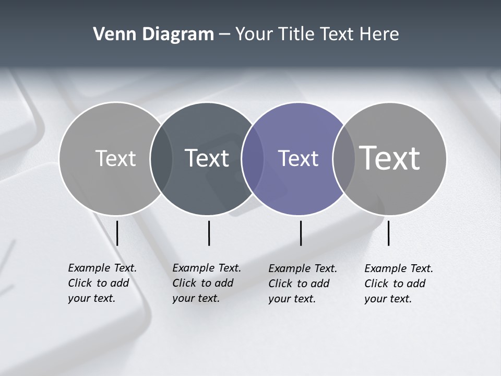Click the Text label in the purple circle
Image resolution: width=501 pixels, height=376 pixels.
298,158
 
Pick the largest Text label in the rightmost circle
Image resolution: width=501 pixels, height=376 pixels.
389,158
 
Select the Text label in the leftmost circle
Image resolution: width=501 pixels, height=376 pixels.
115,158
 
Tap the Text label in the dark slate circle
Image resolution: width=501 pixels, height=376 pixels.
207,158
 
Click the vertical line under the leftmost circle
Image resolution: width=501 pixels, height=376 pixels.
117,233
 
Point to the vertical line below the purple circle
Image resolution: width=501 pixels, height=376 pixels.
301,233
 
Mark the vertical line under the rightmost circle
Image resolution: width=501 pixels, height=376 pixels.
388,233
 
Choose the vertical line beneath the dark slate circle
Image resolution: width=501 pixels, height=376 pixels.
209,233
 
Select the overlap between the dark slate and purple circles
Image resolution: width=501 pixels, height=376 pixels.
253,158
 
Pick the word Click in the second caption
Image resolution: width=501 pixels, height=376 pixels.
184,283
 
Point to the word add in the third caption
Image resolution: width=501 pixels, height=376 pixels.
320,284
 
